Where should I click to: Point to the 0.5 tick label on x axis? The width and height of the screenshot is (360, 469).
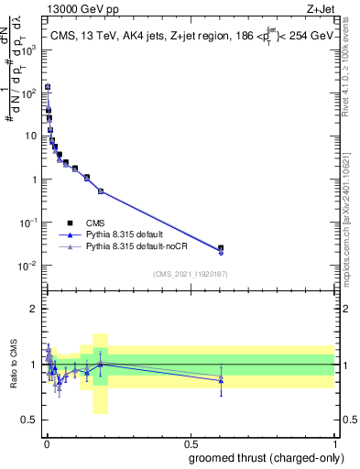point(191,442)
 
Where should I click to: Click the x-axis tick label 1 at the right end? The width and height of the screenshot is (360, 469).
point(335,442)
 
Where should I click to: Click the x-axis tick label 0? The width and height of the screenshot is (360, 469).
point(46,442)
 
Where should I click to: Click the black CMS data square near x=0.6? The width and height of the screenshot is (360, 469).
point(220,248)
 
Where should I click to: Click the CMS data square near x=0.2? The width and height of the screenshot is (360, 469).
point(100,191)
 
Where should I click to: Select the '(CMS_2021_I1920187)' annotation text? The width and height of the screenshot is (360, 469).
point(191,274)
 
